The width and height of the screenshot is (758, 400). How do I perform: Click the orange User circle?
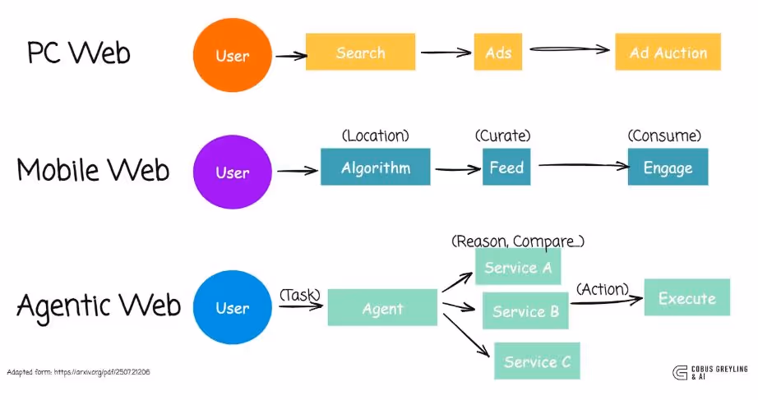point(232,56)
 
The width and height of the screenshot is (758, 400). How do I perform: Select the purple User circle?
point(232,173)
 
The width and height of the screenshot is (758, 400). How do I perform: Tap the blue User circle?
point(232,308)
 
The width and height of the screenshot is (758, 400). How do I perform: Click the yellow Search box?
point(360,53)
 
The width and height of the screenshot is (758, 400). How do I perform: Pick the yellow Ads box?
point(498,53)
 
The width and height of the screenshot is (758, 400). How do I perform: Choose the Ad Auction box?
point(668,53)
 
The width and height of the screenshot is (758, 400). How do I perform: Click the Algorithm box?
point(375,168)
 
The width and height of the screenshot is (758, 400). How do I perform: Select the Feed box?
point(506,168)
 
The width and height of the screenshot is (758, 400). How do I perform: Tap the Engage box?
point(668,168)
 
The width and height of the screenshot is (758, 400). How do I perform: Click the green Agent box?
point(382,309)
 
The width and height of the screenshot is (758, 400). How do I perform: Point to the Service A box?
point(517,267)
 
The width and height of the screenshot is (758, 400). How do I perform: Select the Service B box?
point(525,311)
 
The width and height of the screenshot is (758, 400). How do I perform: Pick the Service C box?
point(537,361)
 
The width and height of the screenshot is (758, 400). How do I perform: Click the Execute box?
point(686,298)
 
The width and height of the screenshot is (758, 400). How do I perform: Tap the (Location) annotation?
point(375,136)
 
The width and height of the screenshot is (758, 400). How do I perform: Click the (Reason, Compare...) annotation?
point(518,241)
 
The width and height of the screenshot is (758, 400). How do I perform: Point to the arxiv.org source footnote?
point(78,372)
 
